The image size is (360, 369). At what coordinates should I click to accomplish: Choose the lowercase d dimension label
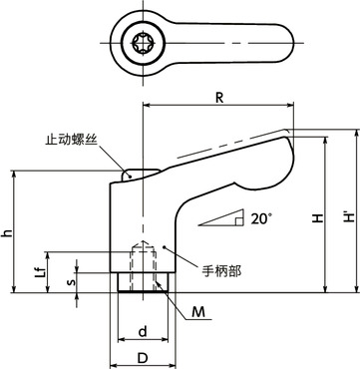tap(144, 330)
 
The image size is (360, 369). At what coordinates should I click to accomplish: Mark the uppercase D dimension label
tap(144, 356)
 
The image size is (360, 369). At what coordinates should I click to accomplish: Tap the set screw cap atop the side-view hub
tap(132, 174)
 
